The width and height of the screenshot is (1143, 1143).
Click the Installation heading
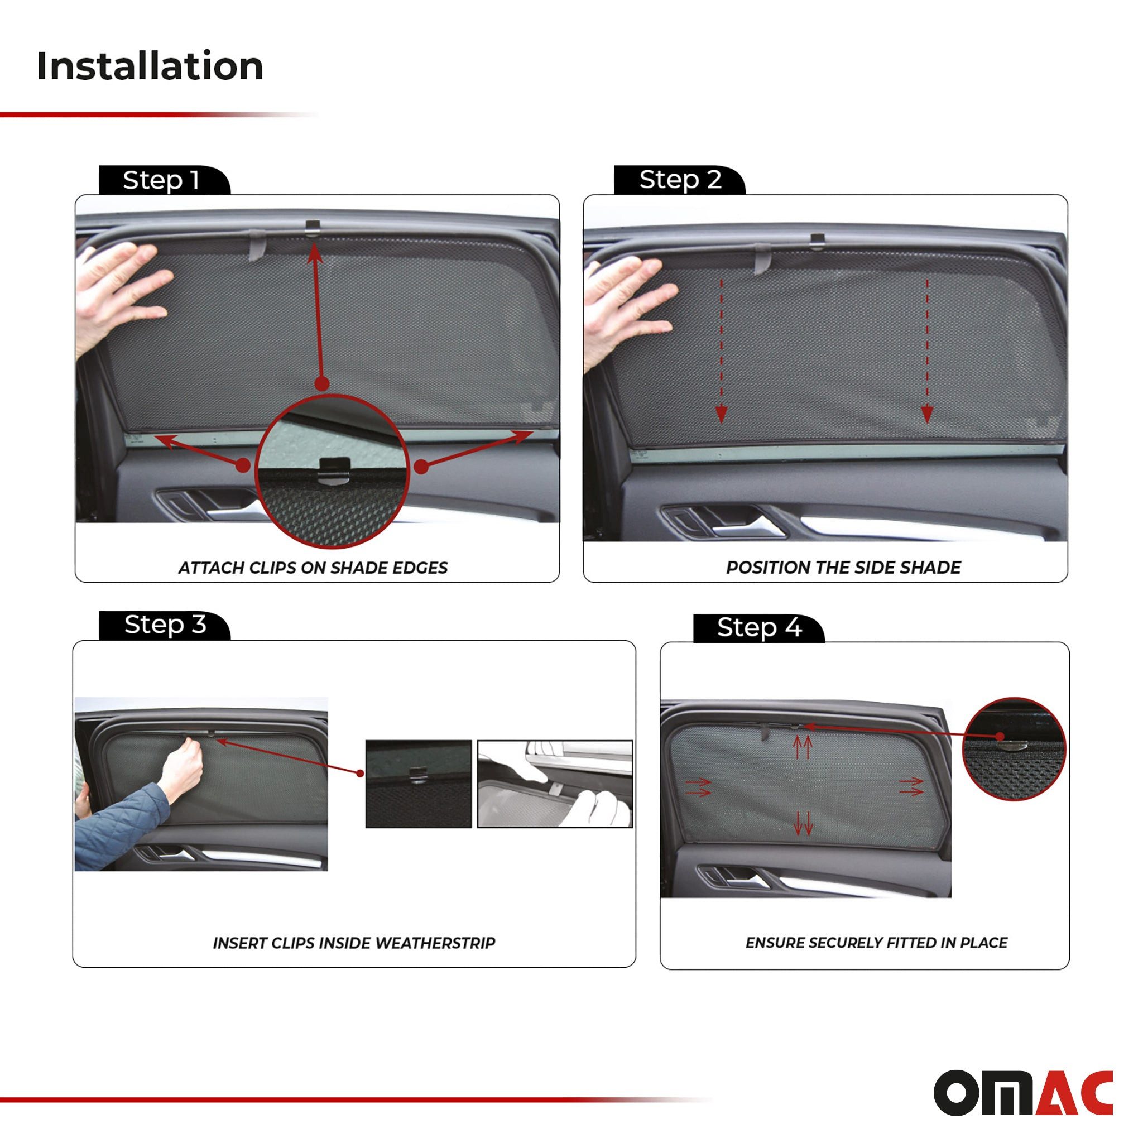tap(150, 66)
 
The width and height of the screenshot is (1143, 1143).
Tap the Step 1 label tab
tap(161, 180)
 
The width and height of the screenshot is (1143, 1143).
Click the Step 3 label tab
tap(165, 625)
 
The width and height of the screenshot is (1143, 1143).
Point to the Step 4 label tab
tap(759, 627)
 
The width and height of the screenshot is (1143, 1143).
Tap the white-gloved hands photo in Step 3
tap(554, 784)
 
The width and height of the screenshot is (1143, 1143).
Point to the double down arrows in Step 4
tap(803, 824)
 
